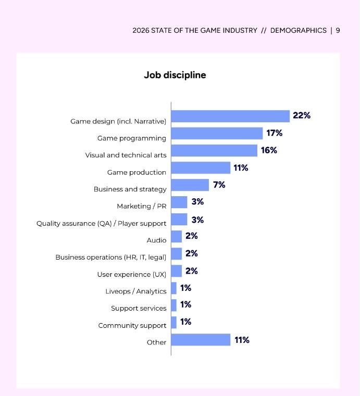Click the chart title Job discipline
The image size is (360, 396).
175,75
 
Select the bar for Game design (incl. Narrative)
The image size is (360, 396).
230,116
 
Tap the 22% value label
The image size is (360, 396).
302,116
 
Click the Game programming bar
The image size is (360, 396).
217,133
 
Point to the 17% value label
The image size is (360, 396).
274,133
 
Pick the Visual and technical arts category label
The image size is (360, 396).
126,155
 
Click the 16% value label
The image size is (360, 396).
269,150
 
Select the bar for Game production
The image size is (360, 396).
201,168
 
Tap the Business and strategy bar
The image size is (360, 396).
190,185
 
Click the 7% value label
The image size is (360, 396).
219,185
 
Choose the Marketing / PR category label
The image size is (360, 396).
141,206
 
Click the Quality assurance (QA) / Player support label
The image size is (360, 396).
101,223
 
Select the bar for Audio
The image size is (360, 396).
177,236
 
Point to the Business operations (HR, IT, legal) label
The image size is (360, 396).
111,257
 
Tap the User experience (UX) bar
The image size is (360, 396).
177,271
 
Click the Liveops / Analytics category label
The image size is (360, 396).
135,291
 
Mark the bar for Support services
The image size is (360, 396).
174,305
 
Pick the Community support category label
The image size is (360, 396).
132,325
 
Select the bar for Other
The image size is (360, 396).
201,340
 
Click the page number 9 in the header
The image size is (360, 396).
338,30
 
